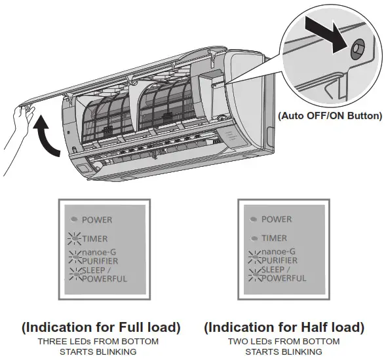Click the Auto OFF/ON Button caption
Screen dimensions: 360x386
click(x=329, y=116)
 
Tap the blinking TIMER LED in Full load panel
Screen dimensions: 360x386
click(x=74, y=239)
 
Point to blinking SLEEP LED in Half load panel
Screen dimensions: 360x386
click(x=253, y=274)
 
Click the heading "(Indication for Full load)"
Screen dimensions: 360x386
click(x=100, y=327)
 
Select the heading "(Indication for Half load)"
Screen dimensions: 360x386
click(x=284, y=327)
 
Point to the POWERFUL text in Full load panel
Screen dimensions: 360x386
click(x=105, y=279)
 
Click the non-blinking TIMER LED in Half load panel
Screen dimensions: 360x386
click(x=254, y=238)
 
